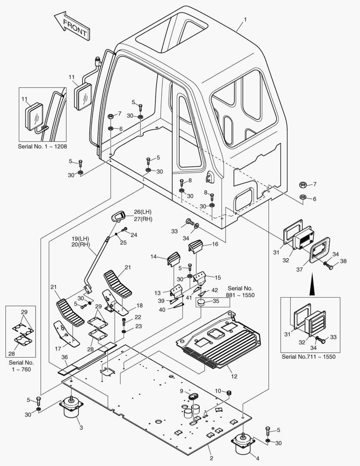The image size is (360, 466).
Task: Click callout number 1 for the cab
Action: point(245,19)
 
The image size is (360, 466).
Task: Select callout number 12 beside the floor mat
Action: point(235,376)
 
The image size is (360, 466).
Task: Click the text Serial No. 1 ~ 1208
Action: point(42,146)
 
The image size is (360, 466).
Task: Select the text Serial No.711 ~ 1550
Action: point(308,356)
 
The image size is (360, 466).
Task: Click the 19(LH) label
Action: point(81,238)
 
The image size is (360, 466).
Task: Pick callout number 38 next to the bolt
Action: point(343,261)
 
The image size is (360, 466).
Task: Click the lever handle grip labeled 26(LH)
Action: point(118,216)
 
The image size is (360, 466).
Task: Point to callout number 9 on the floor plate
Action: point(182,391)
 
